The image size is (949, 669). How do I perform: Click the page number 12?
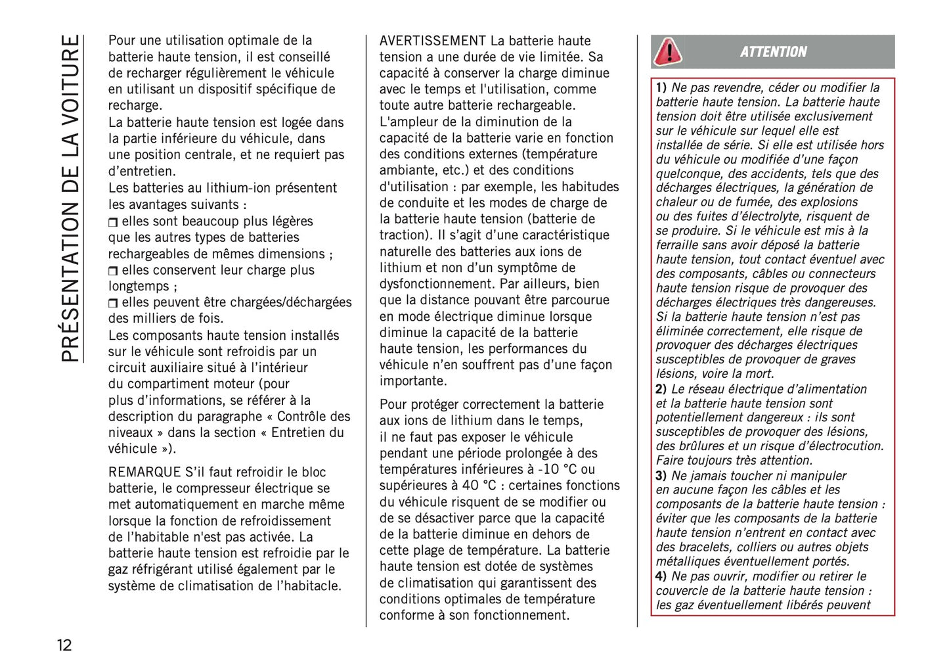(64, 645)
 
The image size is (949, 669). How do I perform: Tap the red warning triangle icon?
(668, 51)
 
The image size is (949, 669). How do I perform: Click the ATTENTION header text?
(773, 52)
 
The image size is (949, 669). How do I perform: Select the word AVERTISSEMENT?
(432, 41)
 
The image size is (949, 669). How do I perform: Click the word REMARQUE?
(144, 472)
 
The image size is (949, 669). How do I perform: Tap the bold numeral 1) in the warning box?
(661, 87)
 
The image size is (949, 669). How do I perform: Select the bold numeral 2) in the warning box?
(661, 389)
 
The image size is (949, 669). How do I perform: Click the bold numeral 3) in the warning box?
(661, 476)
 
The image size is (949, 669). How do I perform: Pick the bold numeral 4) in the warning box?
(661, 576)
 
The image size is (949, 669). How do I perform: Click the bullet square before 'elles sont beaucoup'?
(113, 222)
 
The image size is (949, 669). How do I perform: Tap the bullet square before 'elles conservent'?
(113, 271)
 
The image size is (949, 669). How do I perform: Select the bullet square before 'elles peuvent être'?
(113, 303)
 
